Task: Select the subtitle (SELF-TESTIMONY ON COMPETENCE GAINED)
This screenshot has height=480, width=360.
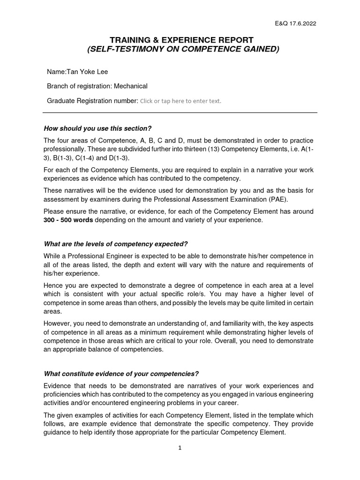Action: tap(180, 49)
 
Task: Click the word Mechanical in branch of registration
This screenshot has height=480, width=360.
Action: tap(132, 86)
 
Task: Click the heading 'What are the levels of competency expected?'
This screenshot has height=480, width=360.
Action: tap(115, 244)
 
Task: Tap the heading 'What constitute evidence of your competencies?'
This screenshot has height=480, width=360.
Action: tap(121, 374)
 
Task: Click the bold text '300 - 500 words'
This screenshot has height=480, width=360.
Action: tap(68, 220)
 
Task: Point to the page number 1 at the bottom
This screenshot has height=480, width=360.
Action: tap(180, 448)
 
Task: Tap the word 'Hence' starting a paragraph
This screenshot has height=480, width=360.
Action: tap(53, 285)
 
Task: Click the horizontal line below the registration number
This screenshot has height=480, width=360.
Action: tap(180, 112)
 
